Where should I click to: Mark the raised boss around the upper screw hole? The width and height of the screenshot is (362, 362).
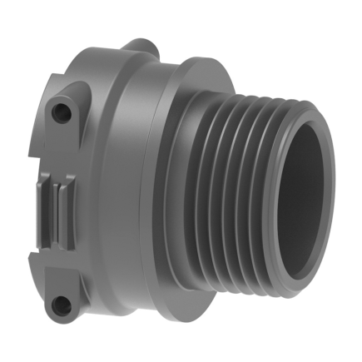67,108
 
